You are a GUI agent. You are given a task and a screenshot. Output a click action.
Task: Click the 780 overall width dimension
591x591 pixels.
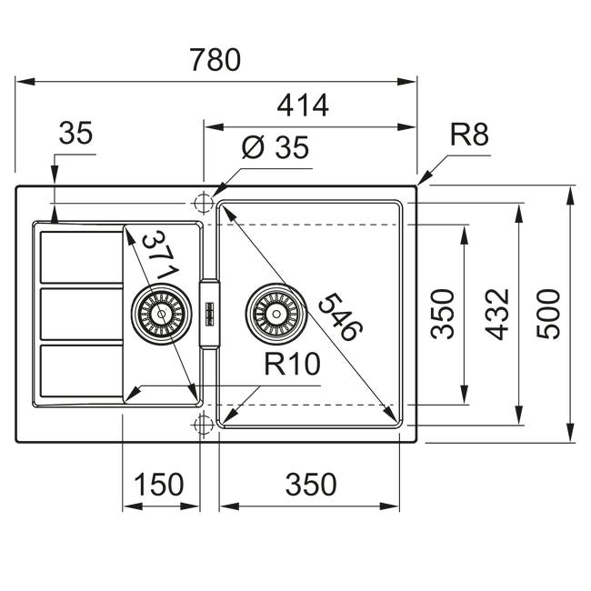[x=215, y=60]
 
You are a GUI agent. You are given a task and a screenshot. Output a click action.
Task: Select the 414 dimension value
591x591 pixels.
[x=303, y=105]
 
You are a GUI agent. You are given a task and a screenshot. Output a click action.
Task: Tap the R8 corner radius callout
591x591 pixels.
[x=469, y=135]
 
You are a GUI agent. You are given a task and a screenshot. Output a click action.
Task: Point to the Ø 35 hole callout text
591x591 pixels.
[x=275, y=147]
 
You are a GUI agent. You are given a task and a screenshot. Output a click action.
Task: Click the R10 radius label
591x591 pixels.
[x=292, y=364]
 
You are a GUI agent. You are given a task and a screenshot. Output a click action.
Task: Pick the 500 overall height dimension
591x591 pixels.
[x=548, y=314]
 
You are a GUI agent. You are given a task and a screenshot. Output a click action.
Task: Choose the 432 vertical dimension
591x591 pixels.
[x=497, y=314]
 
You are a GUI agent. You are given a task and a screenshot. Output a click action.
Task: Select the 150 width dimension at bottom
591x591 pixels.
[x=159, y=485]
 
